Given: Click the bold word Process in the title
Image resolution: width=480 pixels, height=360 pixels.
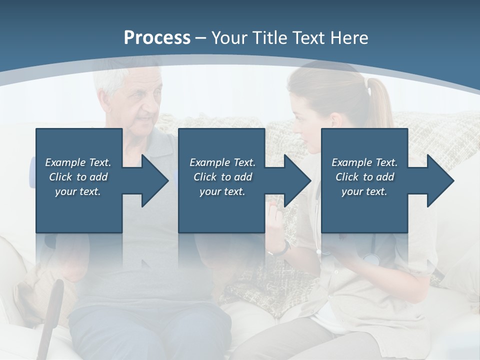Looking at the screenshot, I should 157,37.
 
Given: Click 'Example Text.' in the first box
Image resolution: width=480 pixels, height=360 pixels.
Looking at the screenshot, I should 78,162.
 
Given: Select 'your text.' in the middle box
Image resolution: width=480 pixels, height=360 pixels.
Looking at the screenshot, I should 222,191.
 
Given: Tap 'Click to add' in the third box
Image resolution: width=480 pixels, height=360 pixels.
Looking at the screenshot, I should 364,177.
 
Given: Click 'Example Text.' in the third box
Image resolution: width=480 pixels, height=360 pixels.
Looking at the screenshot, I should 364,162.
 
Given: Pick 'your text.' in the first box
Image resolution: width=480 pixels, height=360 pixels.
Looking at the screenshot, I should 78,191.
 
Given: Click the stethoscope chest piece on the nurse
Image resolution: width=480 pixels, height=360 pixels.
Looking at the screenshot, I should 371,259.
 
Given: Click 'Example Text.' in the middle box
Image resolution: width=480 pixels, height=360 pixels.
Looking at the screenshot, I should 222,162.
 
